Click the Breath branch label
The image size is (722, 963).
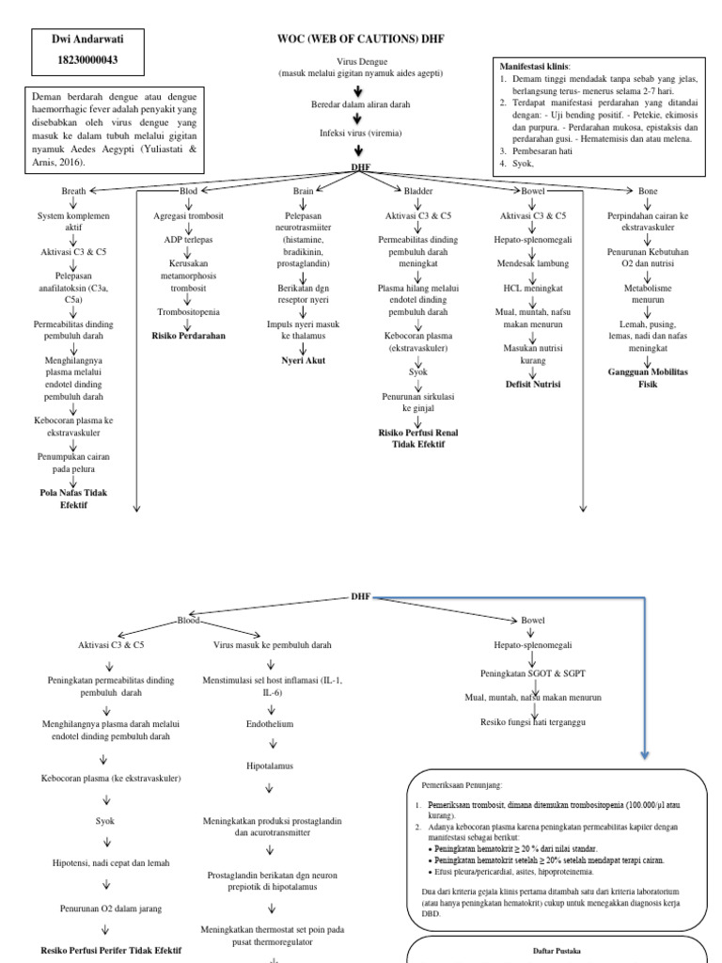point(73,191)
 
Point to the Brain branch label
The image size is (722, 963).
point(302,191)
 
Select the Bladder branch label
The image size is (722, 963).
point(417,191)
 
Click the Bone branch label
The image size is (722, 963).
point(648,191)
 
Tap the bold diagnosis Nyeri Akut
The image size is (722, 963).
point(303,359)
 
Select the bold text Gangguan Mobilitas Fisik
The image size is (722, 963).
point(649,378)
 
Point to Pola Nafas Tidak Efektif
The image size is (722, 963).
point(73,498)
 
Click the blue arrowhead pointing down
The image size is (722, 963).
point(645,754)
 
